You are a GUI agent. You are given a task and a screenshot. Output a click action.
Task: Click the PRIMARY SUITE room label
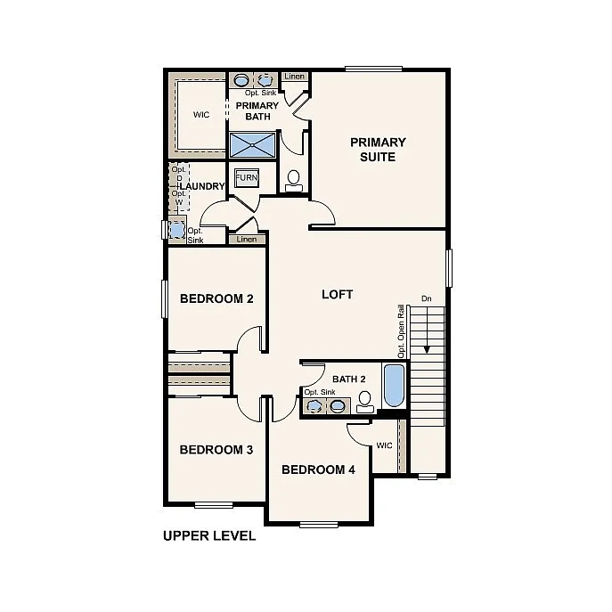[x=378, y=150]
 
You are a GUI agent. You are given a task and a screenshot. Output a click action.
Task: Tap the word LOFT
[x=337, y=294]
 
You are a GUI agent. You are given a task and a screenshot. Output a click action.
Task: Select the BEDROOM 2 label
[x=216, y=298]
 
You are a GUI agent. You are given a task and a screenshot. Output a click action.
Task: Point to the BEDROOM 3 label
[x=216, y=450]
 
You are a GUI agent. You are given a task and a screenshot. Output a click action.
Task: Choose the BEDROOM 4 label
[x=318, y=469]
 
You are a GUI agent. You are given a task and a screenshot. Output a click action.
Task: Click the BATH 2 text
[x=349, y=379]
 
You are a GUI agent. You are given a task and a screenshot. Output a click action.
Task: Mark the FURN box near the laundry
[x=246, y=178]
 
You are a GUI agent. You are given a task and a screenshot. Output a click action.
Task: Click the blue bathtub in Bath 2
[x=393, y=385]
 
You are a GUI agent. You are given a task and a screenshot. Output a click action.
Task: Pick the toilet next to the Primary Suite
[x=293, y=181]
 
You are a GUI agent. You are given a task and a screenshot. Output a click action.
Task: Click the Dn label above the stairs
[x=427, y=298]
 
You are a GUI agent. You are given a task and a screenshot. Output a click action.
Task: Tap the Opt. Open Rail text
[x=402, y=331]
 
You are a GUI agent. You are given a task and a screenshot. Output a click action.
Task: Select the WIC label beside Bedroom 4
[x=384, y=445]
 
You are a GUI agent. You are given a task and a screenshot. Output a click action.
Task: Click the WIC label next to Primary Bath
[x=202, y=115]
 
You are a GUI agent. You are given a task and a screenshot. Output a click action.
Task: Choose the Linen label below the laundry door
[x=247, y=239]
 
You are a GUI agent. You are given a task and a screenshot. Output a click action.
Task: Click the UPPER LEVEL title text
[x=209, y=535]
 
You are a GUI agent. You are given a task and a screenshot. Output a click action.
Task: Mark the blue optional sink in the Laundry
[x=176, y=230]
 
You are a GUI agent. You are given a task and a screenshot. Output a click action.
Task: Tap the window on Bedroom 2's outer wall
[x=164, y=298]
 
